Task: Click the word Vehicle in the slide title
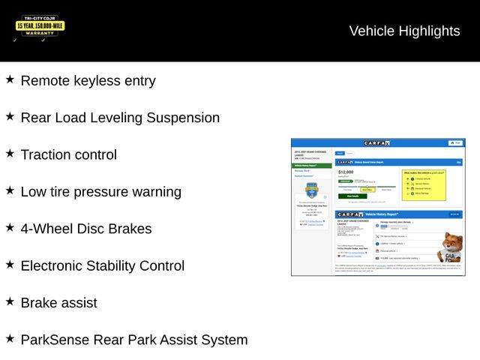click(x=371, y=31)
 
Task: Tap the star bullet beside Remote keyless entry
click(x=10, y=79)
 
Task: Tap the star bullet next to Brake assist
click(x=10, y=301)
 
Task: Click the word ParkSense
click(x=54, y=340)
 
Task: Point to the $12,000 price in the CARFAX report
click(x=346, y=172)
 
